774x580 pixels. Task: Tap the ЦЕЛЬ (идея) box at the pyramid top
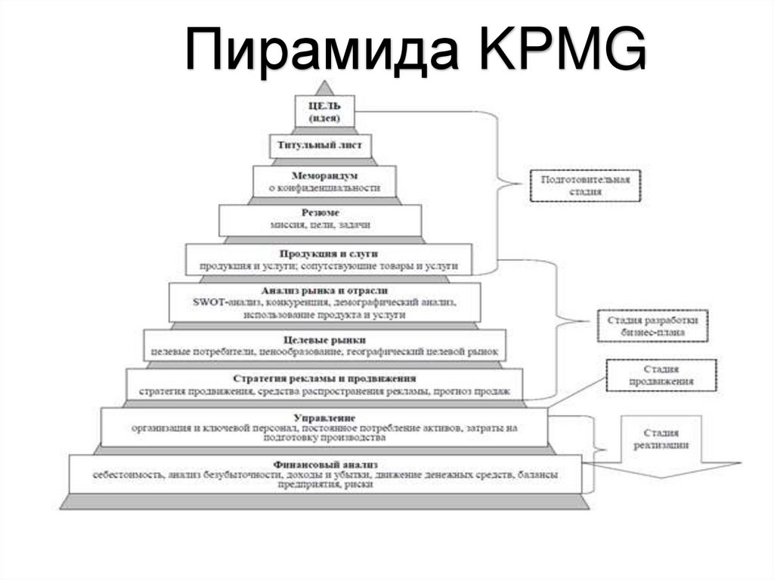[324, 110]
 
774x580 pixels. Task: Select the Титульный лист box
[321, 144]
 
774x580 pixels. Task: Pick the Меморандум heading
[324, 175]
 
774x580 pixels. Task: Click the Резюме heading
[320, 212]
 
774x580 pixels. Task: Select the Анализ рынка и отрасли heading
[324, 290]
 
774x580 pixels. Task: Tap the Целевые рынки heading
[324, 340]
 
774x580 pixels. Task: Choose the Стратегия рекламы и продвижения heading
[324, 377]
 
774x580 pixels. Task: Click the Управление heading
[324, 417]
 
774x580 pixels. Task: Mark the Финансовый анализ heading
[326, 463]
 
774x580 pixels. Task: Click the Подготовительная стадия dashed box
[585, 185]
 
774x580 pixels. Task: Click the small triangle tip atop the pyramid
[324, 86]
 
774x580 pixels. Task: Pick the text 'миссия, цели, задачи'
[320, 225]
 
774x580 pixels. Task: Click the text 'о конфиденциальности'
[324, 188]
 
